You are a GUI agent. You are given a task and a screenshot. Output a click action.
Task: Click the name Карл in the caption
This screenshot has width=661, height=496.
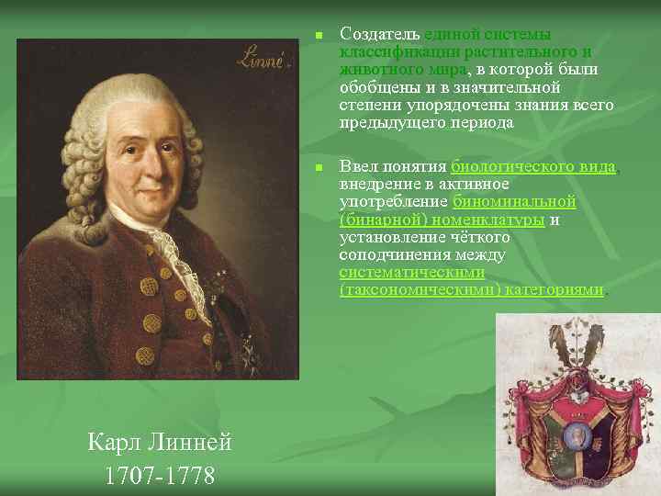click(x=114, y=443)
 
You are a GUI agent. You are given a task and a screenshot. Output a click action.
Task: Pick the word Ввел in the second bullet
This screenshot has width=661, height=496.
click(x=357, y=167)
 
